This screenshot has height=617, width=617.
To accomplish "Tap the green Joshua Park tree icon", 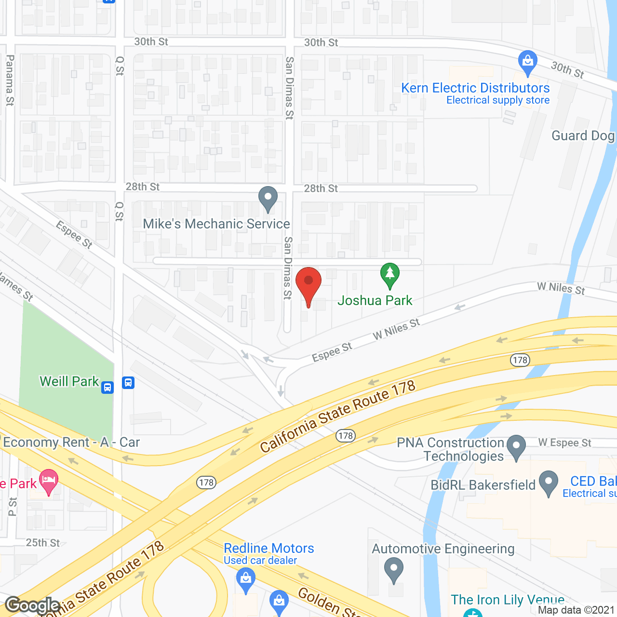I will pyautogui.click(x=390, y=275).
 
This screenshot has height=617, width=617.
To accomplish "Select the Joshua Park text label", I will pyautogui.click(x=375, y=301).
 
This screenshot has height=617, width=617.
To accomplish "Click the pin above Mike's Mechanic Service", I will pyautogui.click(x=268, y=198).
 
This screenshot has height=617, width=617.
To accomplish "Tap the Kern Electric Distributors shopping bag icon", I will pyautogui.click(x=528, y=62).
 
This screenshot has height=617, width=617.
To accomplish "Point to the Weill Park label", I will pyautogui.click(x=69, y=381).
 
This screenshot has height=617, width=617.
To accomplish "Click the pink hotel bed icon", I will pyautogui.click(x=49, y=481).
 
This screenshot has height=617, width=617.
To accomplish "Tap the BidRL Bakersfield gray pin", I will pyautogui.click(x=549, y=483).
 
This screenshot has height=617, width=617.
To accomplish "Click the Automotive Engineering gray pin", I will pyautogui.click(x=394, y=569).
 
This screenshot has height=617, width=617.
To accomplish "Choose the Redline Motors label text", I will pyautogui.click(x=268, y=549).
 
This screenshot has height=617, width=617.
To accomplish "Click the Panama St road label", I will pyautogui.click(x=10, y=80).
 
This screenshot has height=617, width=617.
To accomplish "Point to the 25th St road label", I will pyautogui.click(x=43, y=543).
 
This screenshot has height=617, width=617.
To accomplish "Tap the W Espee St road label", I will pyautogui.click(x=564, y=443).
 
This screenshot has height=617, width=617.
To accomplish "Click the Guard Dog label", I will pyautogui.click(x=583, y=136).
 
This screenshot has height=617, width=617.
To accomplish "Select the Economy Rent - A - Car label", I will pyautogui.click(x=71, y=443).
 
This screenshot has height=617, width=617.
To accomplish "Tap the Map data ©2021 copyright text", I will pyautogui.click(x=576, y=610).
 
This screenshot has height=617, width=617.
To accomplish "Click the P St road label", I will pyautogui.click(x=13, y=507).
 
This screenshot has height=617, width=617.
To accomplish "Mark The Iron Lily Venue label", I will pyautogui.click(x=507, y=600).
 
